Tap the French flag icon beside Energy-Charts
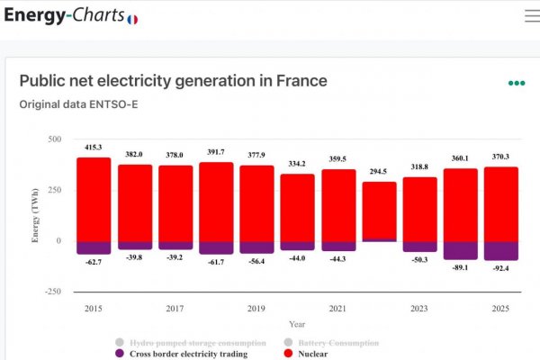point(132,19)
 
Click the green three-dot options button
point(516,83)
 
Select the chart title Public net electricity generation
point(173,81)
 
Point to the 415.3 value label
point(93,147)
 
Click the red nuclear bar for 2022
point(379,211)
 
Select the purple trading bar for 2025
point(501,250)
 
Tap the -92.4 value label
point(501,268)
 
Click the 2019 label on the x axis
point(256,309)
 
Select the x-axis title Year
point(297,325)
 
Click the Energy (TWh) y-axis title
point(35,216)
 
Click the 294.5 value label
point(379,171)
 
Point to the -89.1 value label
point(461,266)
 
